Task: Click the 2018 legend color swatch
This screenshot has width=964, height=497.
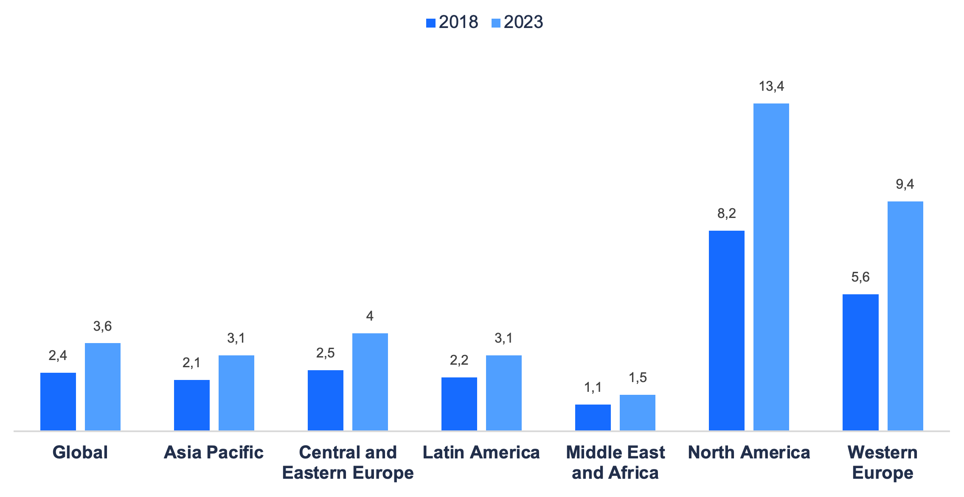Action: [430, 23]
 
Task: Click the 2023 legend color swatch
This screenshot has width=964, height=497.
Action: [496, 23]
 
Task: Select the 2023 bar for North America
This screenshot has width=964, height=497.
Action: [771, 267]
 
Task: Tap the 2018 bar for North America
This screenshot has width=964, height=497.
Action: [726, 330]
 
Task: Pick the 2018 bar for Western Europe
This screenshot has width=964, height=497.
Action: [860, 362]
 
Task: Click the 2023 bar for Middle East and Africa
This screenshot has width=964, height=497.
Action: [637, 412]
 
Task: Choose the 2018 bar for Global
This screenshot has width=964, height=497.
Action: [58, 401]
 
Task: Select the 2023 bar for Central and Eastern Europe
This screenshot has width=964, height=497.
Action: [370, 382]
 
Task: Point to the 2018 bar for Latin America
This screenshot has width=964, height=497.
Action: [459, 404]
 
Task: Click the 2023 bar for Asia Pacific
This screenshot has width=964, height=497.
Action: [236, 393]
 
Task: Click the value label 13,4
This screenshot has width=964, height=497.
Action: [771, 87]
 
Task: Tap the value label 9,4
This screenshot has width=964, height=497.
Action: [905, 184]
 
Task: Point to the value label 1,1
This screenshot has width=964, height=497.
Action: [593, 387]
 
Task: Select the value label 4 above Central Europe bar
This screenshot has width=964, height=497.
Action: [370, 316]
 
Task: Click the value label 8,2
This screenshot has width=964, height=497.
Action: [726, 214]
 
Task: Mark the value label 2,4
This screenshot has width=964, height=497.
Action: [58, 355]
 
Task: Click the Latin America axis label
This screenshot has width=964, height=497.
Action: [481, 452]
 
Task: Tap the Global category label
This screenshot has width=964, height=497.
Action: [80, 452]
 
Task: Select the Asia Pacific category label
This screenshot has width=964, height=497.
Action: [214, 452]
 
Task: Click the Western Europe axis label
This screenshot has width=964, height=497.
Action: [882, 462]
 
